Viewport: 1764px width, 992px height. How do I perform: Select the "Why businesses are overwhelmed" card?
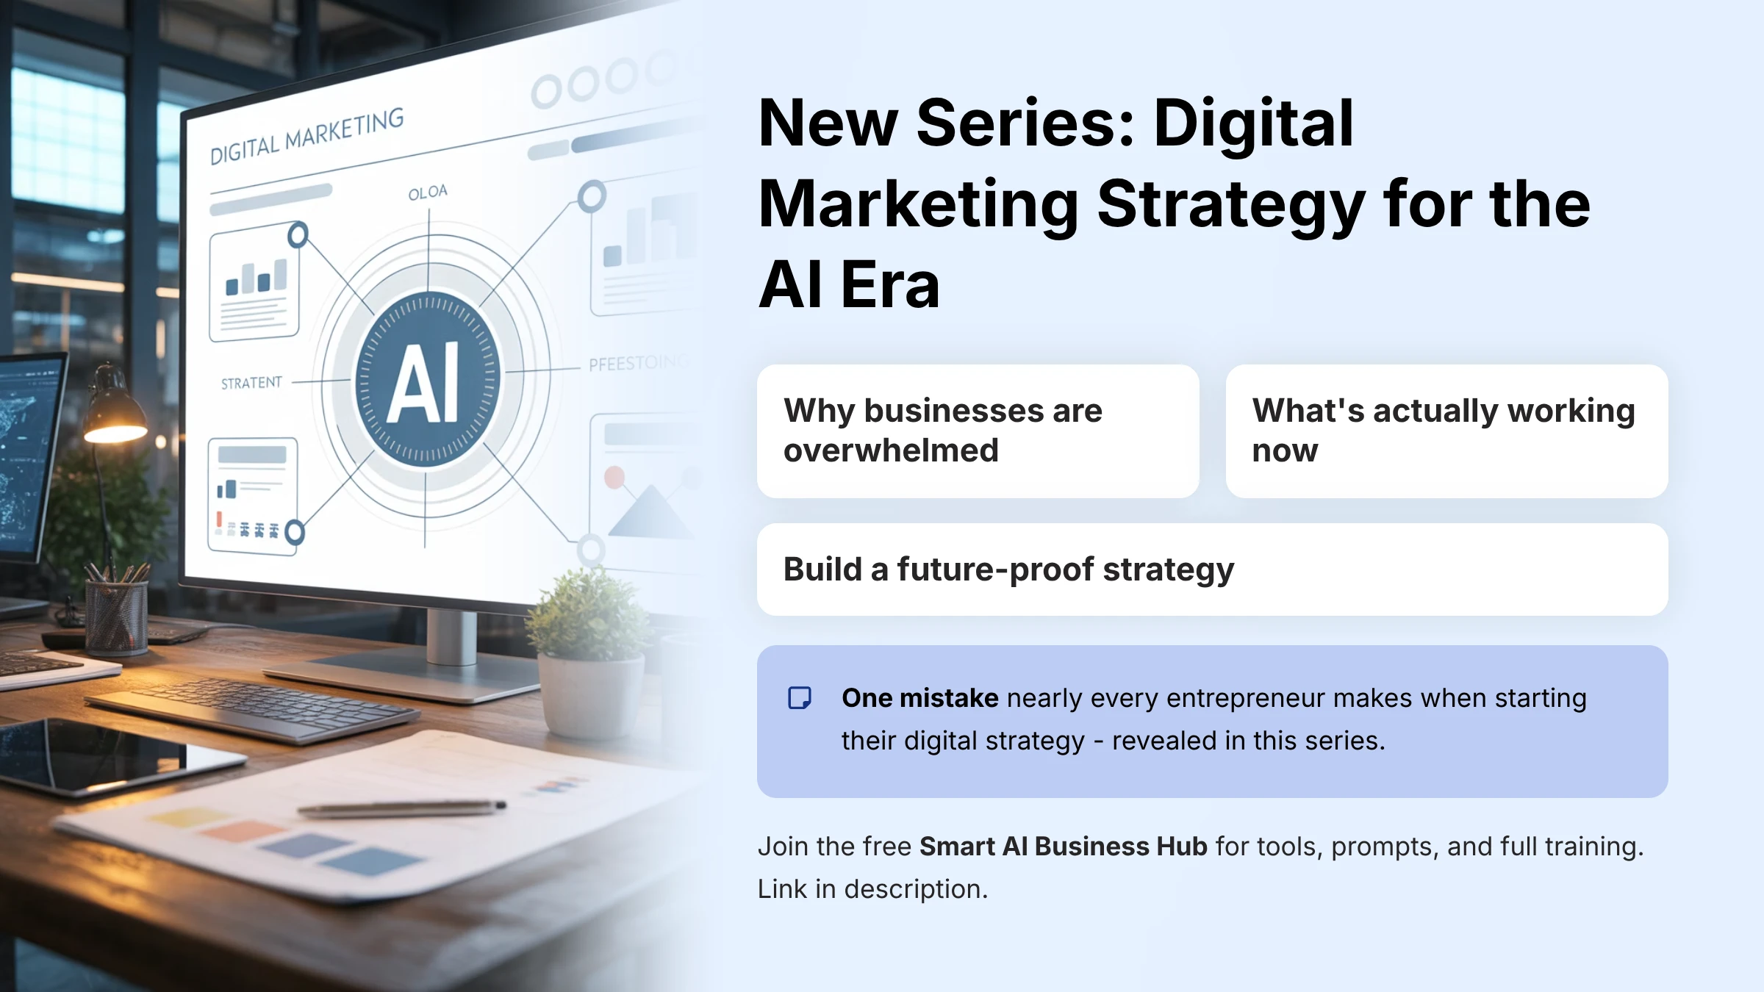tap(978, 431)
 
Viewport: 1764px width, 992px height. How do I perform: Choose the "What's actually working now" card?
tap(1446, 431)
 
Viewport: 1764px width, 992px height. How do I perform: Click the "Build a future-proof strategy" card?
tap(1212, 569)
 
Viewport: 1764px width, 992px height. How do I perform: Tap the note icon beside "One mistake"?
tap(799, 698)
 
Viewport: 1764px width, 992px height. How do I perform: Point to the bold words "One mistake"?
tap(919, 698)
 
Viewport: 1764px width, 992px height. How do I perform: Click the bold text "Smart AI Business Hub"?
tap(1063, 847)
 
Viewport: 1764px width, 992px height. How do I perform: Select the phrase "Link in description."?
tap(872, 889)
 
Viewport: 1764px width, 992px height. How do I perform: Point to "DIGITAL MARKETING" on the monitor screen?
tap(306, 136)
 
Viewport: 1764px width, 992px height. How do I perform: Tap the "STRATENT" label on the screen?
tap(251, 383)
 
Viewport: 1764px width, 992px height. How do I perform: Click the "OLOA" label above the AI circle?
tap(428, 193)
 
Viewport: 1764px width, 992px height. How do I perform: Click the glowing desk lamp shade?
tap(114, 423)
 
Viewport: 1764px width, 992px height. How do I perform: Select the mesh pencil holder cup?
tap(116, 617)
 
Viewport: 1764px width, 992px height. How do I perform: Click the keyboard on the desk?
tap(250, 709)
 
